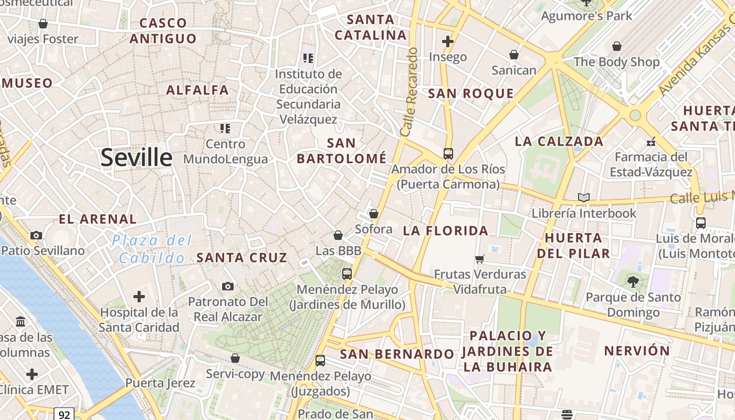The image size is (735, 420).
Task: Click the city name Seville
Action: click(136, 157)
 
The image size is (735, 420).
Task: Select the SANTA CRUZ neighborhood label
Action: click(241, 258)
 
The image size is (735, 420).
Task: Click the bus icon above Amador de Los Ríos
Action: click(448, 154)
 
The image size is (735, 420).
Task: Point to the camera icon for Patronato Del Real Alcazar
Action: click(227, 286)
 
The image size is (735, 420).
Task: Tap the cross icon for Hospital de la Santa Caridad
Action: click(139, 297)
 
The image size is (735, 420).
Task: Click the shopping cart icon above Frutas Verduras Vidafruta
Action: click(479, 259)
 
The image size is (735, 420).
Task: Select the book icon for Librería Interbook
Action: click(583, 198)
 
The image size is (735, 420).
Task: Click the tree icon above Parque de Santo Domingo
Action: click(633, 282)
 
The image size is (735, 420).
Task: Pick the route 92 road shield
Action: click(64, 415)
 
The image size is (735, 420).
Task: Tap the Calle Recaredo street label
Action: click(408, 92)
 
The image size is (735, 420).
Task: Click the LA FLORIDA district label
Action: click(445, 231)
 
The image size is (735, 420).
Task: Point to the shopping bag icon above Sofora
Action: click(373, 214)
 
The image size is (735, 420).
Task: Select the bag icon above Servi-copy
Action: click(235, 358)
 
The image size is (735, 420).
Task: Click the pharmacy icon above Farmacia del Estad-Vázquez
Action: click(651, 142)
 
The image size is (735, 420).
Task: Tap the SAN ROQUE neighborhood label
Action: click(470, 94)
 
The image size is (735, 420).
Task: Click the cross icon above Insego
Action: click(447, 41)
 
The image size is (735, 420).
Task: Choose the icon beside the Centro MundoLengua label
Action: click(225, 128)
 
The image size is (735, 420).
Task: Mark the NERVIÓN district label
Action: click(636, 351)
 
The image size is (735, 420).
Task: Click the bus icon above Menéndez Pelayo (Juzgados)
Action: click(320, 361)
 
